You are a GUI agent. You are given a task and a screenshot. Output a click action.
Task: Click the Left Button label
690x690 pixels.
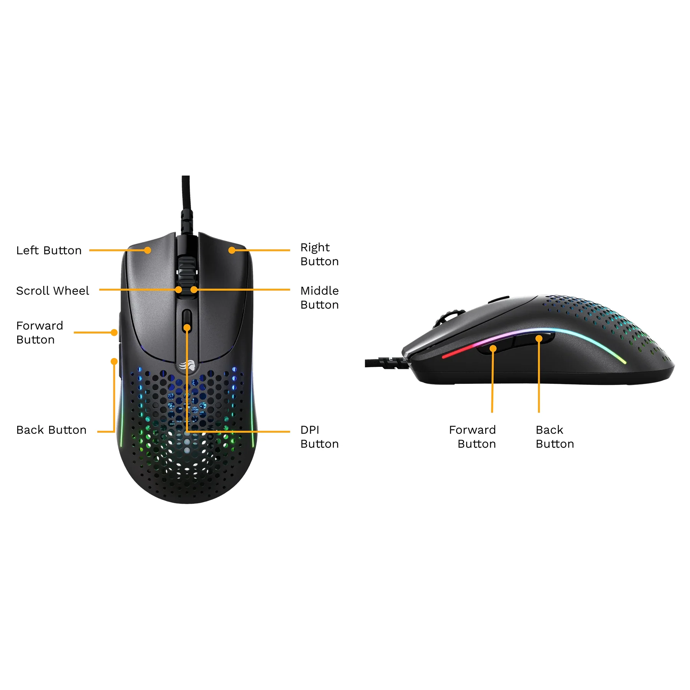pos(49,250)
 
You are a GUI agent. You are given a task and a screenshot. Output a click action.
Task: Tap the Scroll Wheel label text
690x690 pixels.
pos(53,291)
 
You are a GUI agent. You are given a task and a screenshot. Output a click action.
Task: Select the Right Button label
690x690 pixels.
pos(319,254)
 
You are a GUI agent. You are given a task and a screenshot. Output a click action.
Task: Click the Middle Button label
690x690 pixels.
pos(319,297)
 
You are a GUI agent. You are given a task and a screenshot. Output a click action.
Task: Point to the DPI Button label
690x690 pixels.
pos(319,437)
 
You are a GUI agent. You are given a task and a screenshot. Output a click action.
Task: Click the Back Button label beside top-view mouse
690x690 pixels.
pos(51,430)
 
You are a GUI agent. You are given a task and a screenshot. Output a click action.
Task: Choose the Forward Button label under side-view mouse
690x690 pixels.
pos(472,437)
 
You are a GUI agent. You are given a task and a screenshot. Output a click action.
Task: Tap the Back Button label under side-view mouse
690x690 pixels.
pos(555,437)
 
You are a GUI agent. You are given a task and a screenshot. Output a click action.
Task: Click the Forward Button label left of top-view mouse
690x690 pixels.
pos(39,332)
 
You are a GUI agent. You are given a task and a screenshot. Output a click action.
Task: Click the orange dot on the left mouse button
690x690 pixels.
pos(148,250)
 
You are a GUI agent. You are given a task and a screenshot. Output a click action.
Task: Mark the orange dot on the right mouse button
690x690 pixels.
pos(232,250)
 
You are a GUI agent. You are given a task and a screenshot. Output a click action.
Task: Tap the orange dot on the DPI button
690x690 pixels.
pos(187,328)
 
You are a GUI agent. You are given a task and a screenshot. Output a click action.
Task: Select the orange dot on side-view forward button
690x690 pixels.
pos(493,348)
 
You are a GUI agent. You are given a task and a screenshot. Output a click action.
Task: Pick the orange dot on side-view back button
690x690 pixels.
pos(539,338)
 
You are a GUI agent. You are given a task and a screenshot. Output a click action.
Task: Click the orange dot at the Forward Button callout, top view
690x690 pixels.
pos(114,332)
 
